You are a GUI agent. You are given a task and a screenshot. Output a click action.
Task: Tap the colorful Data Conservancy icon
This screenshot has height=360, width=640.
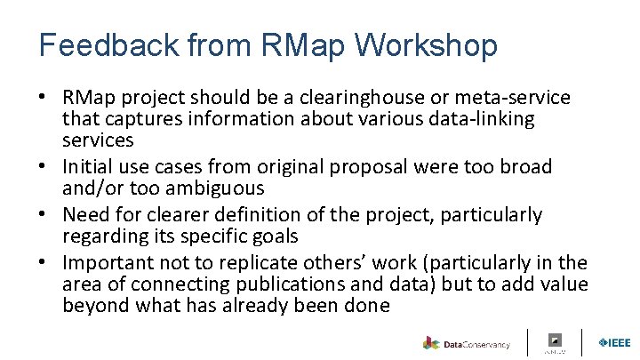click(x=431, y=343)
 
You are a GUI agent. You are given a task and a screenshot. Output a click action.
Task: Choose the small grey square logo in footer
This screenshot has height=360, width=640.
click(x=556, y=340)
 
